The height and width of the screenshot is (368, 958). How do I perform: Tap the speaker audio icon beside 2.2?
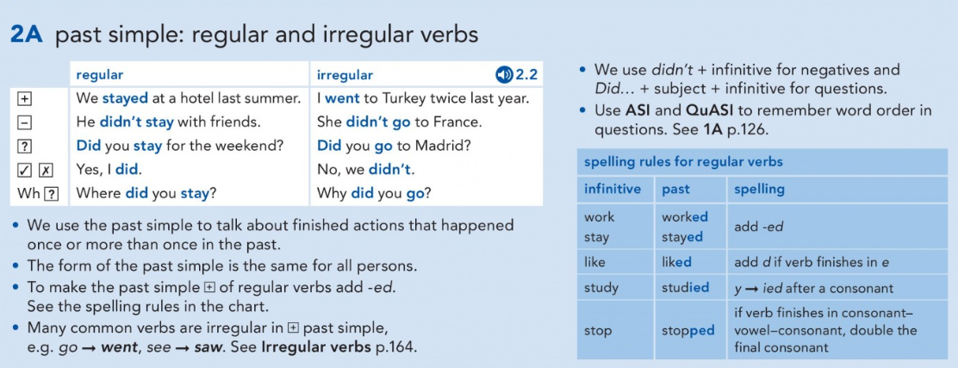[504, 75]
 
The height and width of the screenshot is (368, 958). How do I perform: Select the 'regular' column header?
[99, 75]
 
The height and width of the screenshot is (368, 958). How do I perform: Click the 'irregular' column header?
[345, 75]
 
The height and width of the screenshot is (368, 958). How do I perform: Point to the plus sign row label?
[25, 98]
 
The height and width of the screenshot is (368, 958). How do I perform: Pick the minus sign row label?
[25, 122]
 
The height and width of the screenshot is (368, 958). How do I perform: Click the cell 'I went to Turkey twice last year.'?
[423, 98]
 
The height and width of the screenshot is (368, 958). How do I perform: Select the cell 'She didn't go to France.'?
[400, 122]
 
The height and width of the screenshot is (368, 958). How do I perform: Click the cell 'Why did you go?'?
[374, 194]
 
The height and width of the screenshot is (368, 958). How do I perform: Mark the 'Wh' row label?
[28, 194]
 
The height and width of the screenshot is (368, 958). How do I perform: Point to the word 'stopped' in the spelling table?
[688, 331]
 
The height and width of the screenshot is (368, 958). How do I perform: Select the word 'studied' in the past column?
[684, 287]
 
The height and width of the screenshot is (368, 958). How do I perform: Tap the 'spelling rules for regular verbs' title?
[684, 162]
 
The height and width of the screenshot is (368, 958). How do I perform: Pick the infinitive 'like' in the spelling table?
[595, 262]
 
